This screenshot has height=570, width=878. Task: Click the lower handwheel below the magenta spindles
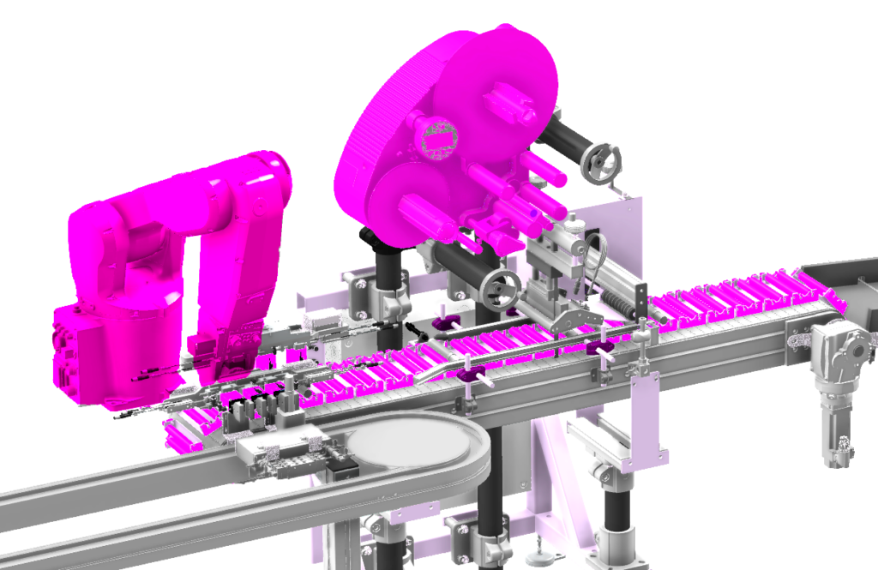[x=500, y=290]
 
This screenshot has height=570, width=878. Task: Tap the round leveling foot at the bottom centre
[x=538, y=557]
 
